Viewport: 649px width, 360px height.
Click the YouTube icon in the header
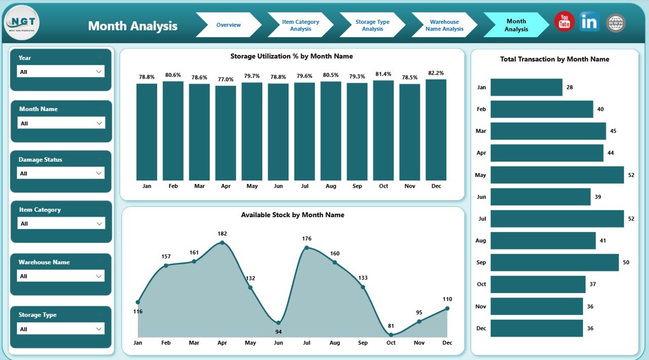click(x=564, y=22)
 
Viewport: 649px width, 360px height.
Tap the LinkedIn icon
click(x=590, y=22)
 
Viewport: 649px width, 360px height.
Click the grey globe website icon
click(x=616, y=23)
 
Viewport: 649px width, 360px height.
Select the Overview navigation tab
click(x=228, y=25)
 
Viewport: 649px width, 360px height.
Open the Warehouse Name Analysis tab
click(x=444, y=25)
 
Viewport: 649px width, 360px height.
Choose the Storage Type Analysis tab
click(x=372, y=25)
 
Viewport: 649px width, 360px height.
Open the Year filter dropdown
click(x=61, y=71)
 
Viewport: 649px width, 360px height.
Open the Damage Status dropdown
click(x=61, y=173)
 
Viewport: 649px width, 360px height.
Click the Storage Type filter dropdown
click(x=61, y=329)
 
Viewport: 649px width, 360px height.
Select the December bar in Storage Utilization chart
click(x=436, y=130)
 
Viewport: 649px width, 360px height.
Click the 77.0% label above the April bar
click(x=226, y=79)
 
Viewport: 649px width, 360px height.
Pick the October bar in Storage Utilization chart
click(x=383, y=130)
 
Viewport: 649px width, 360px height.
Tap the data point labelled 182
click(x=222, y=243)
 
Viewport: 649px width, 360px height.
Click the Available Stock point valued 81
click(x=390, y=335)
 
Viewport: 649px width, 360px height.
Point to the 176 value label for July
click(x=306, y=238)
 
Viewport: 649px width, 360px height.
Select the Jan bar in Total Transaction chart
click(x=526, y=87)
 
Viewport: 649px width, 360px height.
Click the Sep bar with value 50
click(x=554, y=262)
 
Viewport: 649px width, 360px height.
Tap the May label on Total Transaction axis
click(x=481, y=175)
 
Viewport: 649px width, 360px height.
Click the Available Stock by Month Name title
click(x=293, y=215)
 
